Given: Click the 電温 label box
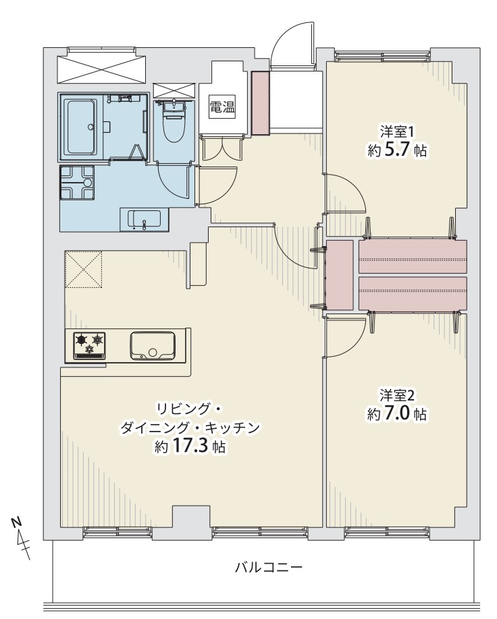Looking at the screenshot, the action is coord(221,107).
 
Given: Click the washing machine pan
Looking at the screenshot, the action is coord(77,182).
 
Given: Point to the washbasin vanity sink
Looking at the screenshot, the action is coord(145,218).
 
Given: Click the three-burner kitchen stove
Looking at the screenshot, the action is coord(90,346).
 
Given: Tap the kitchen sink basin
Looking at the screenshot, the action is coord(153,346).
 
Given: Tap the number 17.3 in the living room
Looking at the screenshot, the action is coord(190,446).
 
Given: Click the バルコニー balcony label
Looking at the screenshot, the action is coord(269,568).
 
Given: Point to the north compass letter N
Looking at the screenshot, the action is coord(16,523).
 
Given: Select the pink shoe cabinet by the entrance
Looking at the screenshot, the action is coord(261,102).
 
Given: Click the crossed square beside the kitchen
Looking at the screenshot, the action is coord(83,269).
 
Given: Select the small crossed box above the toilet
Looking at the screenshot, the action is coord(174,91).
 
